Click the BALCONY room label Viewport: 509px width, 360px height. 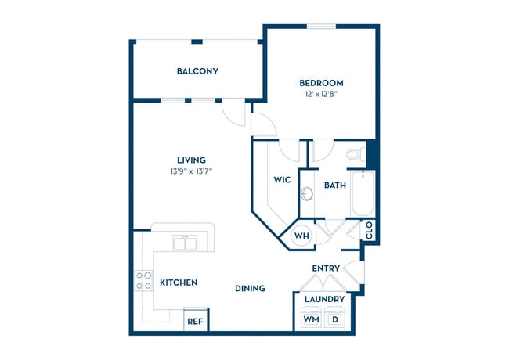(197, 71)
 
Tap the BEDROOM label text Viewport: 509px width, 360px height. (321, 83)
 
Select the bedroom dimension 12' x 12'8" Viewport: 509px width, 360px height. (321, 95)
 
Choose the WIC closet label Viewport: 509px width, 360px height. (283, 180)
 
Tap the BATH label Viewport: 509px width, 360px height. (335, 185)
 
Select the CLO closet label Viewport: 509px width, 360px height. (369, 231)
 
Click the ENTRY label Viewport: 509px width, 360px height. (326, 268)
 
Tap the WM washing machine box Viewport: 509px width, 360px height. (311, 319)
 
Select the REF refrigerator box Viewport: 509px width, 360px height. (195, 321)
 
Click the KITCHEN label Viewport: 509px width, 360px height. (179, 283)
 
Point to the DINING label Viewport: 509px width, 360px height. (250, 288)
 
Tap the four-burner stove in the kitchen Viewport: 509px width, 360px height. (144, 280)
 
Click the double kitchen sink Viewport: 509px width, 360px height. (185, 243)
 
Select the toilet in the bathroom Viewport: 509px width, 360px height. (353, 154)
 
